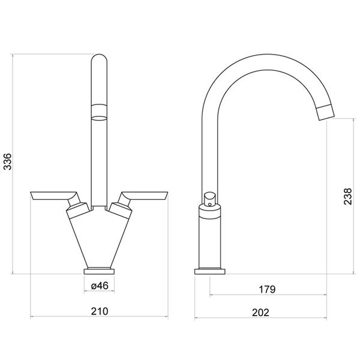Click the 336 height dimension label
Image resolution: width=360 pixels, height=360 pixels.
click(8, 161)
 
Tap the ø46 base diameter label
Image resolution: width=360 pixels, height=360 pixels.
click(99, 286)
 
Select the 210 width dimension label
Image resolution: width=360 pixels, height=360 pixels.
click(99, 311)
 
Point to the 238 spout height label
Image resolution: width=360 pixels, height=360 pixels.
click(347, 196)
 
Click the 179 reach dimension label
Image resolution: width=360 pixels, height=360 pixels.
click(267, 289)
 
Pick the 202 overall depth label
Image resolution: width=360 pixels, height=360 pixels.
click(260, 313)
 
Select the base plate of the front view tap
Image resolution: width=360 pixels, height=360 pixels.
click(99, 272)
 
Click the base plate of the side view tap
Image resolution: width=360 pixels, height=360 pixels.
click(210, 272)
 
